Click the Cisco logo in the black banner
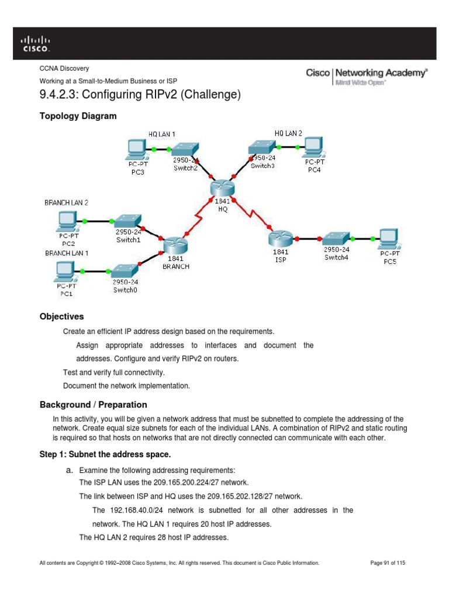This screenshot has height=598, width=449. [x=36, y=43]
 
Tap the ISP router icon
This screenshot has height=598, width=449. [x=278, y=238]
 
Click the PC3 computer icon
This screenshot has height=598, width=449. [x=136, y=148]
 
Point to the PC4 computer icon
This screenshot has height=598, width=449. [x=312, y=146]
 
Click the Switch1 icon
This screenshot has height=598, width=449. [x=127, y=220]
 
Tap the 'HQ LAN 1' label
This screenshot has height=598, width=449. [x=162, y=134]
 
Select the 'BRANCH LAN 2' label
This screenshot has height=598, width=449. [x=66, y=203]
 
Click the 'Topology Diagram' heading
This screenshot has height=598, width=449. [x=78, y=116]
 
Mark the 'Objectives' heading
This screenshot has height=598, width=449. [x=61, y=317]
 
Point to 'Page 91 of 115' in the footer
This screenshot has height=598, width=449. [x=388, y=563]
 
